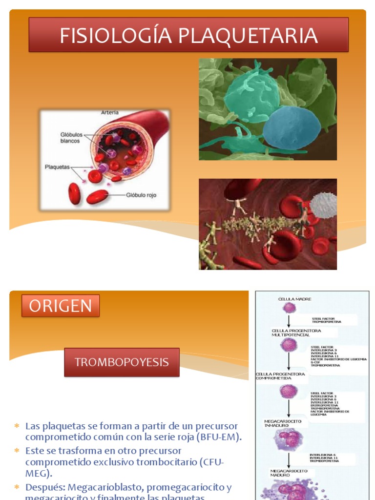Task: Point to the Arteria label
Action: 109,113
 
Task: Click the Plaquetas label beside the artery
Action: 58,167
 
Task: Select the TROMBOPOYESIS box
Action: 122,362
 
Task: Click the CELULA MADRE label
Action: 294,299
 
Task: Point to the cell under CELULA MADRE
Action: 290,308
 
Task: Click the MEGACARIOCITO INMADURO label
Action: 283,423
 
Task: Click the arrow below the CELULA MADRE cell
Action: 290,321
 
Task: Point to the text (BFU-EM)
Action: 219,437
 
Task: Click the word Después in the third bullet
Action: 45,487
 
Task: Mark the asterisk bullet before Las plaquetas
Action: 17,426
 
